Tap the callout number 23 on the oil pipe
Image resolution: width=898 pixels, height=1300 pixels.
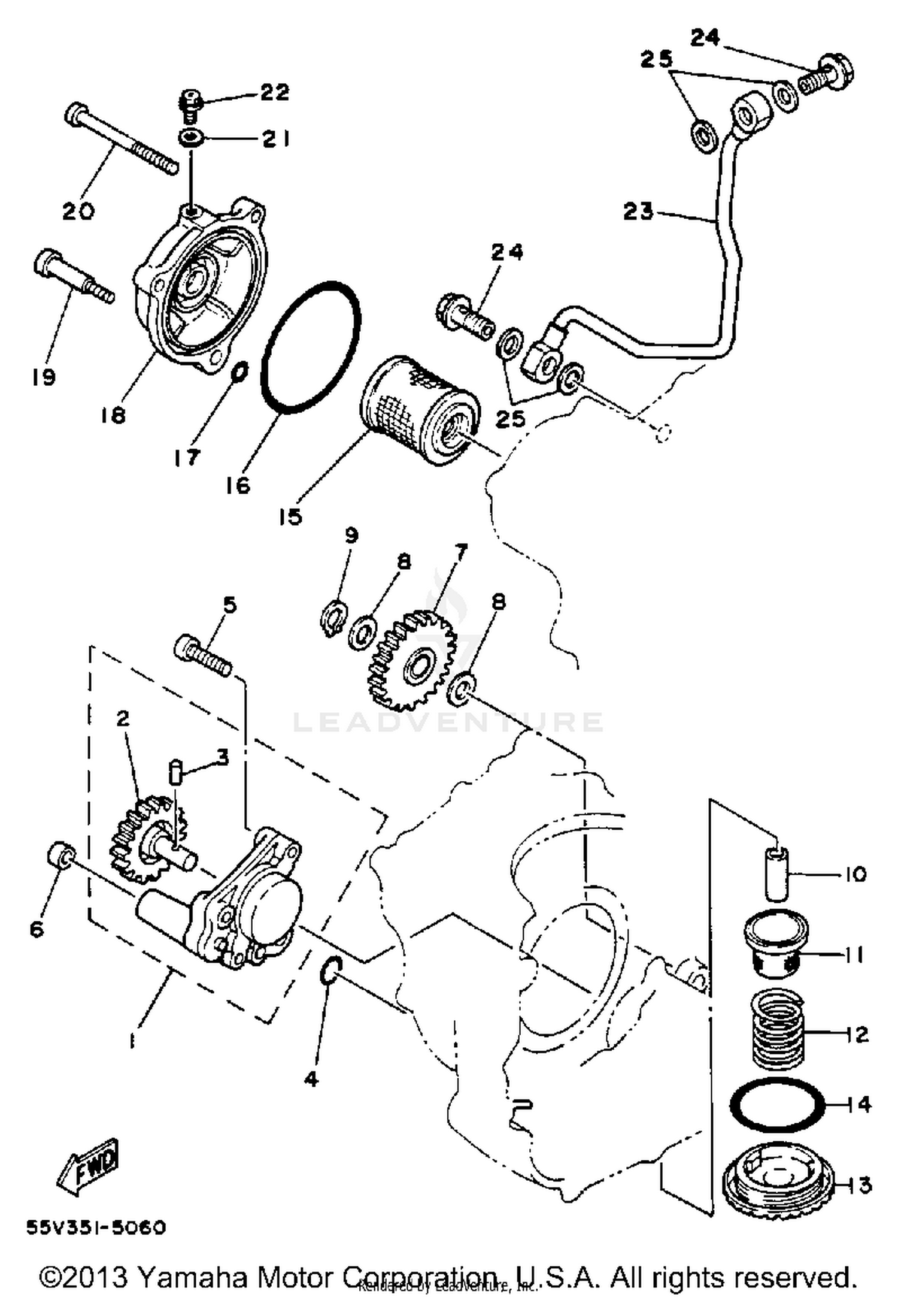[x=639, y=211]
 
